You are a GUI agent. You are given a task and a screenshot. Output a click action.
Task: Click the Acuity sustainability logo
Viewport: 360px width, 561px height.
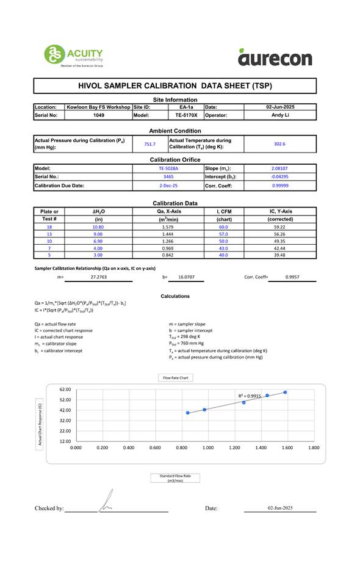pyautogui.click(x=73, y=56)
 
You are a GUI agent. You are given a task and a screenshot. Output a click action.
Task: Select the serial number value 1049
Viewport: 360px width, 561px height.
pyautogui.click(x=98, y=115)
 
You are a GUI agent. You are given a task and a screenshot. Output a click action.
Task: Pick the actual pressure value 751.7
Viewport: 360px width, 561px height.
pyautogui.click(x=149, y=144)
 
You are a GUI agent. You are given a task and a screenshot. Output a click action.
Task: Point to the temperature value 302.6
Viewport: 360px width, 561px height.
pyautogui.click(x=279, y=144)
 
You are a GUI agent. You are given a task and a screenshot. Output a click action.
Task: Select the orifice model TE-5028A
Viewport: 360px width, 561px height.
pyautogui.click(x=168, y=168)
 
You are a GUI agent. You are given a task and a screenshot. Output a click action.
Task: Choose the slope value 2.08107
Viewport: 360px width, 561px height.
pyautogui.click(x=280, y=168)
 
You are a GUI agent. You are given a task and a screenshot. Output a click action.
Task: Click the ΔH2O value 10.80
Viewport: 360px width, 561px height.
pyautogui.click(x=98, y=226)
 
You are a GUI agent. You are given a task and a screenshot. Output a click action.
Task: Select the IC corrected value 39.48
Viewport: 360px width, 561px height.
pyautogui.click(x=280, y=255)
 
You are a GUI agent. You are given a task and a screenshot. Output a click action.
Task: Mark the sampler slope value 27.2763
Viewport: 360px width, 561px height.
pyautogui.click(x=99, y=277)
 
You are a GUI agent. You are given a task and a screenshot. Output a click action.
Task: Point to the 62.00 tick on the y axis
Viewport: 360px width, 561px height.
pyautogui.click(x=65, y=389)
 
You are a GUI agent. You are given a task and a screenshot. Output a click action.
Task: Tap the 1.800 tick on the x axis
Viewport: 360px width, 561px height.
pyautogui.click(x=313, y=448)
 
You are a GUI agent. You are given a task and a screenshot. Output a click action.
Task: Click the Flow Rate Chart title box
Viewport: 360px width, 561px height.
pyautogui.click(x=175, y=378)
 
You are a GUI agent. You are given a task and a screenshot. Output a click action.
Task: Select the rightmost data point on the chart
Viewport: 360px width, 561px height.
pyautogui.click(x=285, y=392)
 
